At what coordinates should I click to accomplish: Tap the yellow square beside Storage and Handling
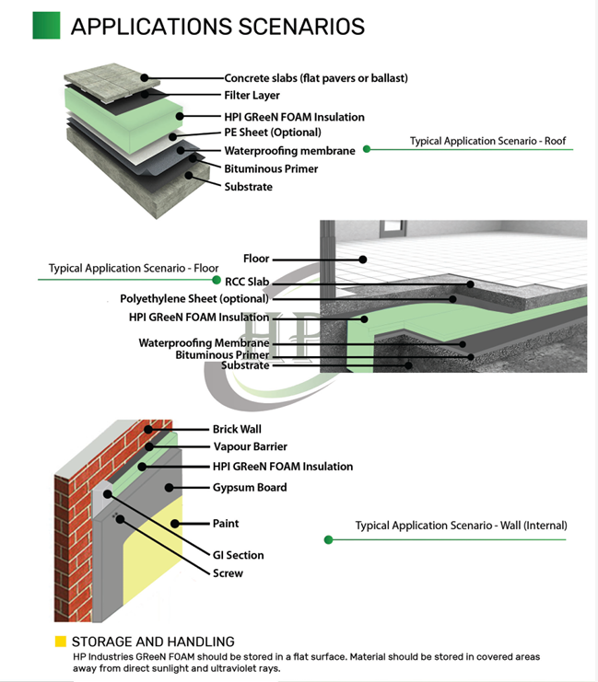[x=60, y=642]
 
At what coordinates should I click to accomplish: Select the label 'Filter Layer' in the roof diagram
[x=252, y=95]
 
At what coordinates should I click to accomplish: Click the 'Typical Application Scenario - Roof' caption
[x=487, y=142]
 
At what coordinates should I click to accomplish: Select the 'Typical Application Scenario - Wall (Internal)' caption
[x=461, y=526]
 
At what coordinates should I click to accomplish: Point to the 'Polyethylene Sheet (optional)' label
[x=194, y=299]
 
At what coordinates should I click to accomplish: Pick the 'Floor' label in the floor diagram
[x=255, y=259]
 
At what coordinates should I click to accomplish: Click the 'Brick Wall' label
[x=237, y=429]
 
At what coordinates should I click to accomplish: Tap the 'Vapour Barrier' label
[x=249, y=446]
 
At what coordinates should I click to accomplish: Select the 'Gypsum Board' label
[x=250, y=488]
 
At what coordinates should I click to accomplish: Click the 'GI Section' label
[x=238, y=555]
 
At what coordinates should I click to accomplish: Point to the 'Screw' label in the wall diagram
[x=228, y=573]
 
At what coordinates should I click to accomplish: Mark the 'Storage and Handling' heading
[x=153, y=642]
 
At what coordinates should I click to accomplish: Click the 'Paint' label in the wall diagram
[x=226, y=524]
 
